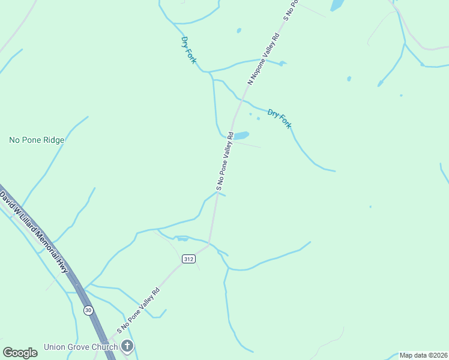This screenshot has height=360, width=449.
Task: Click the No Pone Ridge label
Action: tap(37, 140)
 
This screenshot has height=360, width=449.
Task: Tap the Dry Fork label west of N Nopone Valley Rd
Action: tap(188, 50)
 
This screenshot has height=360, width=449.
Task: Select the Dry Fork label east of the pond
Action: tap(279, 118)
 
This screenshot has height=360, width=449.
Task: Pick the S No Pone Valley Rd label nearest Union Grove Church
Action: tap(139, 310)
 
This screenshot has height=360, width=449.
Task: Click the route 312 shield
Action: tap(188, 258)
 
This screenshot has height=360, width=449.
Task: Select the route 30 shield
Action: tap(88, 310)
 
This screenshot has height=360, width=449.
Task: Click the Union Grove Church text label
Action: tap(80, 347)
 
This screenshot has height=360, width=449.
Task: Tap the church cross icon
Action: tap(127, 346)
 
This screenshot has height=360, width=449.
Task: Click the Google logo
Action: tap(20, 353)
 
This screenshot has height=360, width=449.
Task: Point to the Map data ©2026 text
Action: tap(423, 355)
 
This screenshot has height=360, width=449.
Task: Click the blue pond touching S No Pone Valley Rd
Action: tap(240, 136)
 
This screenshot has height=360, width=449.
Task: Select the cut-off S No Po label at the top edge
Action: tap(291, 10)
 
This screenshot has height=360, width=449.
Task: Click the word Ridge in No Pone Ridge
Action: tap(52, 140)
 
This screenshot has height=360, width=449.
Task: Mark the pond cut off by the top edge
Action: tap(337, 5)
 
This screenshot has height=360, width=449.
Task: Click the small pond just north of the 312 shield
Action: tap(182, 239)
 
